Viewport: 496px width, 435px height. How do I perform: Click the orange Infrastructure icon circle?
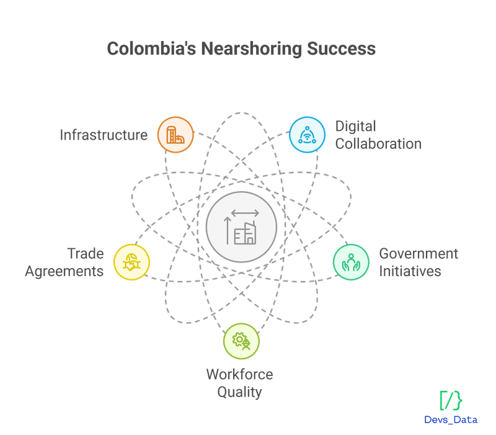tap(175, 135)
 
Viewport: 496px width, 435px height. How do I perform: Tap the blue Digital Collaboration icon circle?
tap(307, 135)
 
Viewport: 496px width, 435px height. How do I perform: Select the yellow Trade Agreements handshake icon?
tap(131, 262)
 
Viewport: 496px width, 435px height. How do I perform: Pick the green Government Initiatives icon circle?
tap(351, 262)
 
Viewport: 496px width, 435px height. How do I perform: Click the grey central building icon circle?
tap(241, 227)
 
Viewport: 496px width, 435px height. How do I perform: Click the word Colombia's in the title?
tap(151, 49)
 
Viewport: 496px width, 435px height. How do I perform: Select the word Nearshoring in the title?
tap(252, 50)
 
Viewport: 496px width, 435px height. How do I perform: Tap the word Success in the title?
tap(342, 49)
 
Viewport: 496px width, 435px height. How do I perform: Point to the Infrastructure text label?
tap(104, 135)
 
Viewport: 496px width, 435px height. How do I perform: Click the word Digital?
tap(355, 127)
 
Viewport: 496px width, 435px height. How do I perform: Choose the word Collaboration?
tap(378, 144)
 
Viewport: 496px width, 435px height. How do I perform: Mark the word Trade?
tap(86, 254)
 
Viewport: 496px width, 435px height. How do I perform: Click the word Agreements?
tap(64, 272)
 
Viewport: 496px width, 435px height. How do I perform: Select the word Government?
tap(418, 254)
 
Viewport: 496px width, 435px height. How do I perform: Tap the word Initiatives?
tap(410, 271)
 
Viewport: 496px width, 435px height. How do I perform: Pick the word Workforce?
tap(240, 375)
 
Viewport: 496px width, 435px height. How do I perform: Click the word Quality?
tap(239, 393)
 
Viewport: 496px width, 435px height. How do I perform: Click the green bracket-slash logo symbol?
tap(451, 400)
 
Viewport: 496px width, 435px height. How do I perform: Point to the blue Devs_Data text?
tap(451, 420)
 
